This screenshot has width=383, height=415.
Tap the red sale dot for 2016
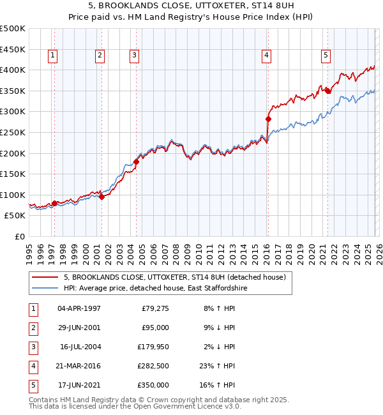pyautogui.click(x=268, y=119)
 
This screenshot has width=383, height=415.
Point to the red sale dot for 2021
pyautogui.click(x=327, y=91)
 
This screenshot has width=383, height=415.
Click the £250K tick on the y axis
pyautogui.click(x=13, y=132)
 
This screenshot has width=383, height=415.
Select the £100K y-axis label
pyautogui.click(x=13, y=195)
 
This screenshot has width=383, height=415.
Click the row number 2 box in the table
pyautogui.click(x=33, y=328)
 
